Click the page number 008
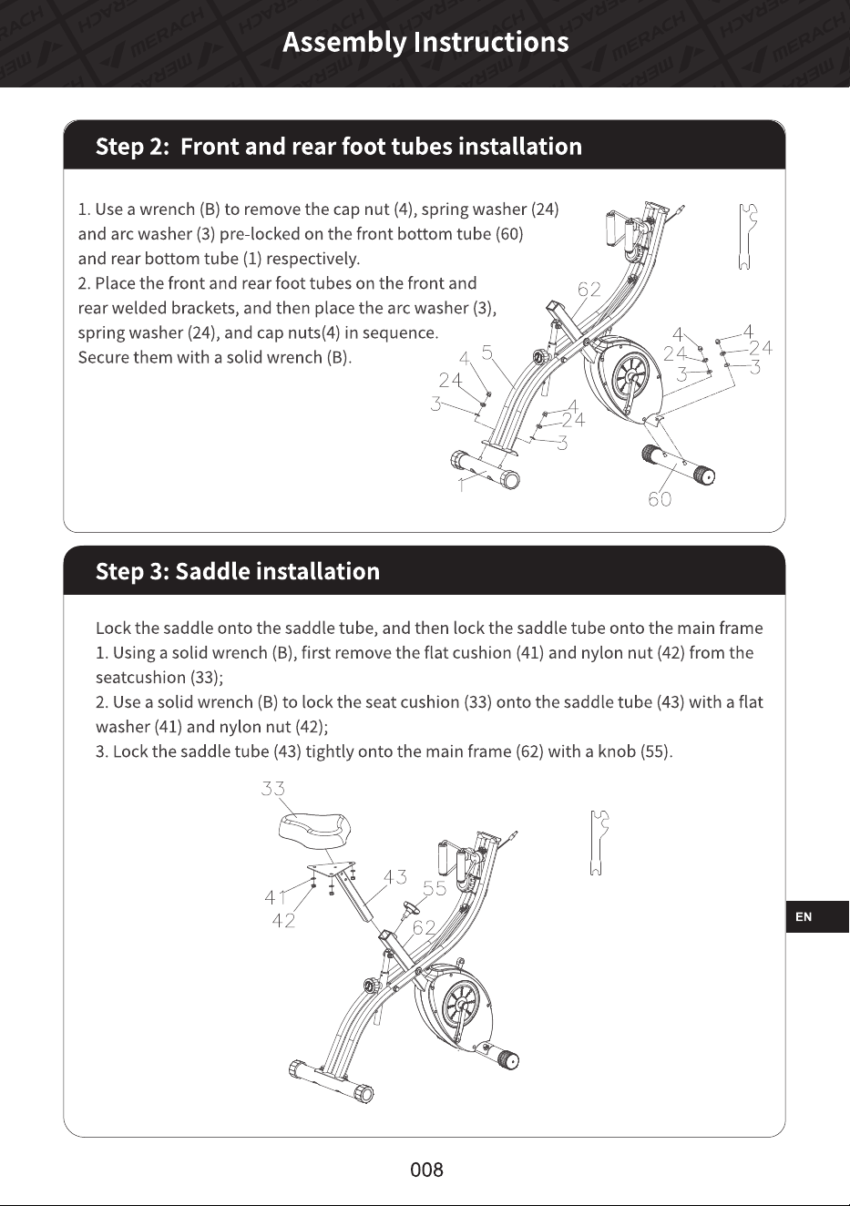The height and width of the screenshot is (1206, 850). [x=426, y=1170]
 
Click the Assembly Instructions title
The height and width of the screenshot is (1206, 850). [x=425, y=42]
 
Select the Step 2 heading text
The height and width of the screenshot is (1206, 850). [x=339, y=147]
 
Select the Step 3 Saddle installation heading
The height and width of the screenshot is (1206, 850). [x=238, y=571]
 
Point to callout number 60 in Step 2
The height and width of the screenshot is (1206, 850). [x=660, y=499]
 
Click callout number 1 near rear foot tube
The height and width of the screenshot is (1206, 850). [x=461, y=485]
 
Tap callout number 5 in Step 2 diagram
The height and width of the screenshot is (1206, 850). [x=486, y=353]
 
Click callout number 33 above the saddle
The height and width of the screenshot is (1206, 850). [x=272, y=788]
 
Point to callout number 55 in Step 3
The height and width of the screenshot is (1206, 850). [x=435, y=888]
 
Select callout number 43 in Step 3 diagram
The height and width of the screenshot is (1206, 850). [x=394, y=877]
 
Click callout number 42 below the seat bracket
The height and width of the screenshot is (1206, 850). [x=283, y=921]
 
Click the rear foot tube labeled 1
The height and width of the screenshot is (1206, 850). [x=485, y=469]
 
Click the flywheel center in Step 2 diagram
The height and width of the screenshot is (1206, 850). [x=630, y=374]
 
